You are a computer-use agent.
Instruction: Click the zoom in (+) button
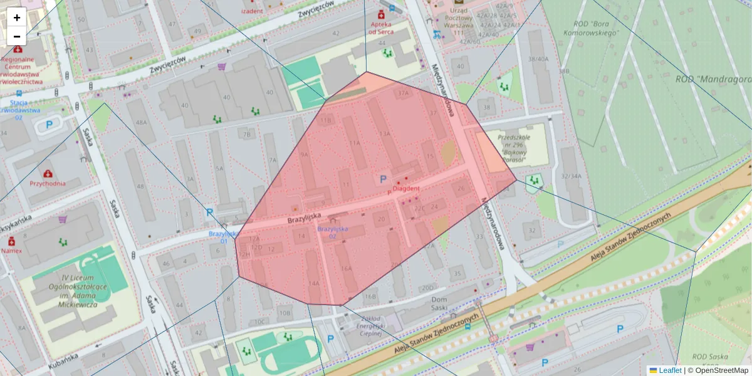point(17,18)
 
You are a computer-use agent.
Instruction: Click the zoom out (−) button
point(17,36)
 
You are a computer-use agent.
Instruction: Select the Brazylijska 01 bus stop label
point(223,237)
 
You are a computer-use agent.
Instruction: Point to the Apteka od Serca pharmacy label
point(381,28)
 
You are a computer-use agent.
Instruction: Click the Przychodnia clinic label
point(48,184)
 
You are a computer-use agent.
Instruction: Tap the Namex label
point(11,250)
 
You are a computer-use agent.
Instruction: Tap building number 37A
point(403,93)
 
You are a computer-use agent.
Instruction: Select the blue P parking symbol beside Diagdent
point(383,180)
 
